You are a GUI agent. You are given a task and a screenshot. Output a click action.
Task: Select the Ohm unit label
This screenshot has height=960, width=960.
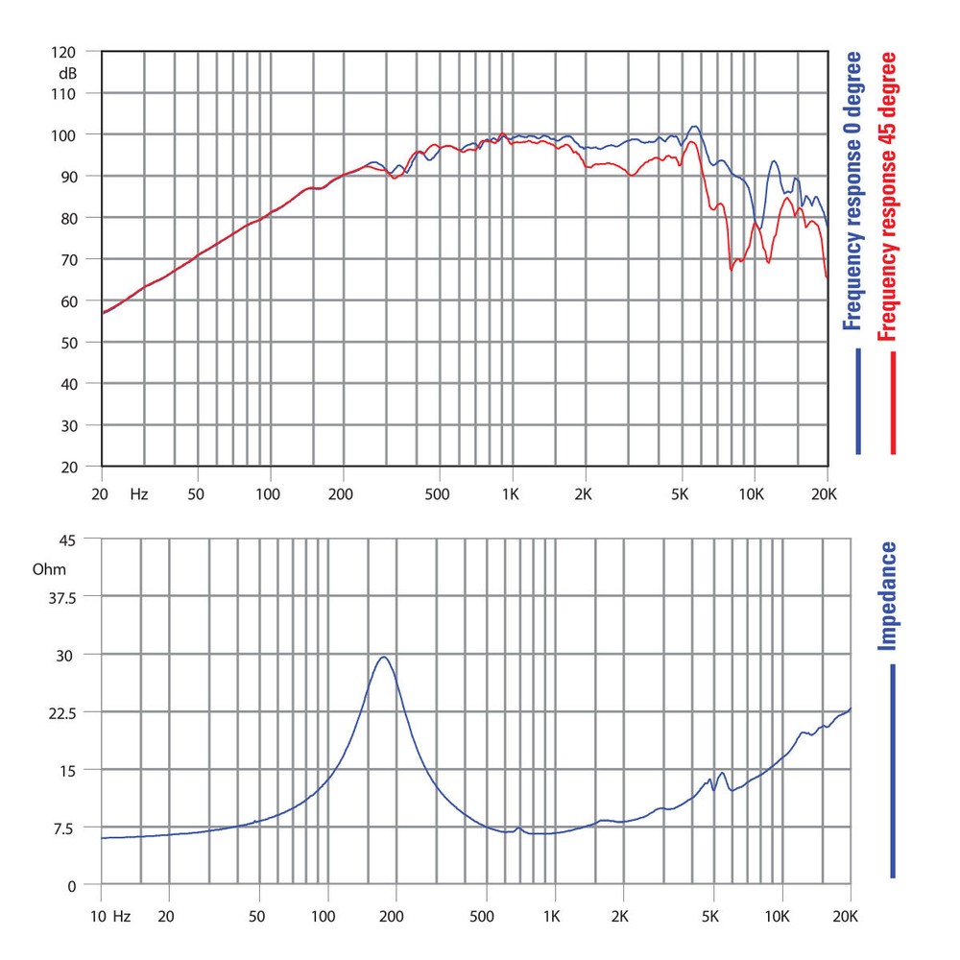click(x=49, y=569)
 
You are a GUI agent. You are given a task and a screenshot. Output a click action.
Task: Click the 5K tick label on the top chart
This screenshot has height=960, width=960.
click(x=680, y=494)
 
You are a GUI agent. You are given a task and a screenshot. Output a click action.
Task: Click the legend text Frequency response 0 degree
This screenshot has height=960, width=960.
click(x=852, y=192)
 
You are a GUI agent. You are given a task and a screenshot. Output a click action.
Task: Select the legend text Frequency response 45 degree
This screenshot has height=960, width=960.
click(x=887, y=197)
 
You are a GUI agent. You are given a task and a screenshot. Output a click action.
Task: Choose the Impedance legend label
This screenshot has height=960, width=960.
click(x=889, y=596)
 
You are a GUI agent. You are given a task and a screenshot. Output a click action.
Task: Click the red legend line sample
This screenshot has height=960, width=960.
click(x=893, y=403)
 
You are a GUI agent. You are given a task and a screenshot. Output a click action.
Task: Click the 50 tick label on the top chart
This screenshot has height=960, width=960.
click(x=196, y=494)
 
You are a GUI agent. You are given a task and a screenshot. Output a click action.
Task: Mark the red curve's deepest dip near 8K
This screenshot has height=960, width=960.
click(x=732, y=270)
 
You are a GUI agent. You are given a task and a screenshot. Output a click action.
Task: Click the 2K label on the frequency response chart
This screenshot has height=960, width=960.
click(x=584, y=494)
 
